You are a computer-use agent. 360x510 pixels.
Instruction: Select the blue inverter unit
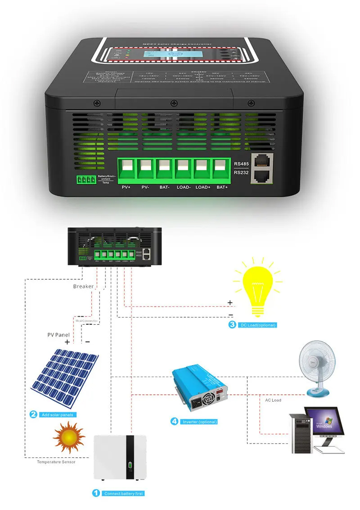tap(202, 388)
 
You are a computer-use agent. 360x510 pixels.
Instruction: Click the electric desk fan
tap(315, 368)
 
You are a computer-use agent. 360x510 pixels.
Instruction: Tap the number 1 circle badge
tap(96, 493)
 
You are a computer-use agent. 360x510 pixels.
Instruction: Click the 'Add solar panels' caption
tap(59, 415)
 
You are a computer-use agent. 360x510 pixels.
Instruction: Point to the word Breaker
tap(84, 286)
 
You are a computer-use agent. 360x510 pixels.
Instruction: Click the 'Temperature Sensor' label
tap(56, 462)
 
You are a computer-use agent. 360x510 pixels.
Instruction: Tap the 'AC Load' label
tap(273, 400)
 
